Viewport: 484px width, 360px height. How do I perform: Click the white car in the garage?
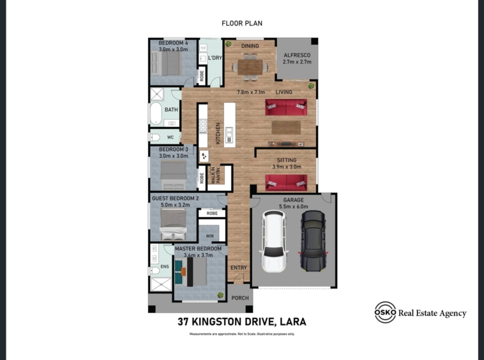(x=274, y=241)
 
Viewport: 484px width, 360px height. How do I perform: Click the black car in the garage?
(x=313, y=241)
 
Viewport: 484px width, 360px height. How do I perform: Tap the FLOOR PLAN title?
(x=242, y=23)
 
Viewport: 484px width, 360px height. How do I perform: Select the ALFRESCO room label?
(x=297, y=56)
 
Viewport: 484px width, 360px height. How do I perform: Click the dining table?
(x=250, y=67)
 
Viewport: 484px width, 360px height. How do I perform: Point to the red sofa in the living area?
(x=286, y=107)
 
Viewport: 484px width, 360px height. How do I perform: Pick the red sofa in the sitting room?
(x=286, y=183)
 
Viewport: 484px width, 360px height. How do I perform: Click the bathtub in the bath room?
(x=156, y=114)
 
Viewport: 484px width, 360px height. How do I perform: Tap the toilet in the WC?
(x=155, y=137)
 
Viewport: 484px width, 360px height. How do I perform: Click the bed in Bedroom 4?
(x=167, y=63)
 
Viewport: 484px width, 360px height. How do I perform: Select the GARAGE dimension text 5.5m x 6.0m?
(x=294, y=207)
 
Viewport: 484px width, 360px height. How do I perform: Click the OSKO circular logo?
(x=385, y=312)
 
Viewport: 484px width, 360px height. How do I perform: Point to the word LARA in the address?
(x=293, y=322)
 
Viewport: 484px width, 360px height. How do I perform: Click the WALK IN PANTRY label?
(x=216, y=175)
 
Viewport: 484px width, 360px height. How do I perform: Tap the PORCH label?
(x=240, y=298)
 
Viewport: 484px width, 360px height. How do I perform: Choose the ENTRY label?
(x=239, y=267)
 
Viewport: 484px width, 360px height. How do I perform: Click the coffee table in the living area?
(x=286, y=128)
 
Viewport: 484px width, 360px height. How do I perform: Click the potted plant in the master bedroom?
(x=220, y=296)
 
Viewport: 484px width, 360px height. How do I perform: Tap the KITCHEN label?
(x=218, y=133)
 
